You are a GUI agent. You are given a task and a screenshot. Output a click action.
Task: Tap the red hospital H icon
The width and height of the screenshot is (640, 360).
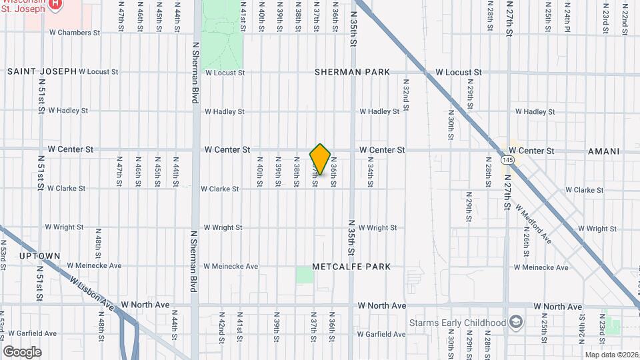tap(55, 3)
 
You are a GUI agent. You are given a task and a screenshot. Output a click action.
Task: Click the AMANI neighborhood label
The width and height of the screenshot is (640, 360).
tap(604, 151)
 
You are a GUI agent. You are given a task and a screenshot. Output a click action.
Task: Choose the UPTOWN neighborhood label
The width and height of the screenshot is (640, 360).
tap(40, 256)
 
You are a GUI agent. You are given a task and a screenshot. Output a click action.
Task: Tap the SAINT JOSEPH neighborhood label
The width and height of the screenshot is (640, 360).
tap(41, 71)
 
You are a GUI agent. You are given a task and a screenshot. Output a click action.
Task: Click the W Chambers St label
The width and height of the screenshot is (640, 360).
tap(74, 32)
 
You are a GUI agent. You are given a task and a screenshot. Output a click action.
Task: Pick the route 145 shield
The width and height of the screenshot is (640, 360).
tap(508, 161)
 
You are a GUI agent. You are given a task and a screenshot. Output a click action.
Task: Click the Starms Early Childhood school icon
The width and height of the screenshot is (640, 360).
tap(515, 322)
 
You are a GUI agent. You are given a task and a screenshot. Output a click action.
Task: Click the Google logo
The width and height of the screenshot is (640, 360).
tap(22, 351)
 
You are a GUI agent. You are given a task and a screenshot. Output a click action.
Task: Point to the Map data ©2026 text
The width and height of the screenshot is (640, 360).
tap(611, 355)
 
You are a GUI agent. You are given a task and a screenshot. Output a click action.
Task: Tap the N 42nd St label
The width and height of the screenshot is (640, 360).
tap(221, 324)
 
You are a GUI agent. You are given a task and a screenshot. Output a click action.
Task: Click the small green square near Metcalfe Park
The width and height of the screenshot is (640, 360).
tap(304, 275)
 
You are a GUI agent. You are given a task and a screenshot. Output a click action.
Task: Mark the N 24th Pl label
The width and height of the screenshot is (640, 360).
tap(567, 19)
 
